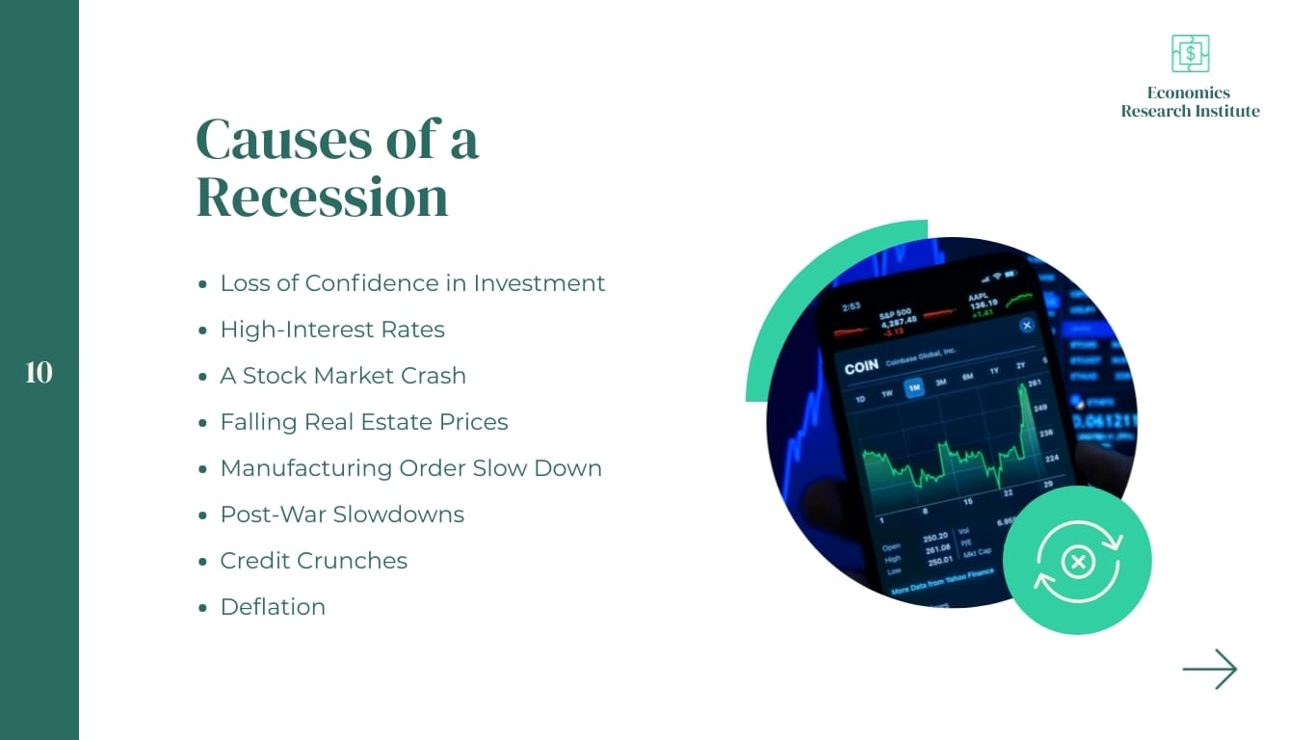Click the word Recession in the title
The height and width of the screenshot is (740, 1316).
click(x=323, y=197)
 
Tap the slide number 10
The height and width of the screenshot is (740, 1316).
click(x=39, y=373)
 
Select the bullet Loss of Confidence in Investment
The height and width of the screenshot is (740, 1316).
click(x=412, y=283)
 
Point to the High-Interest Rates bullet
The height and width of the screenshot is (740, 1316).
click(x=332, y=330)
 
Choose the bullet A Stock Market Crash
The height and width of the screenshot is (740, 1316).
click(x=343, y=376)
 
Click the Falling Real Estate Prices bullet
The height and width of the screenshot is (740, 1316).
click(x=364, y=422)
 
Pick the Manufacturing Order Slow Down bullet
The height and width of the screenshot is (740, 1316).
click(x=411, y=468)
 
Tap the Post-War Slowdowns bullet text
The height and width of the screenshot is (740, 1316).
click(x=342, y=515)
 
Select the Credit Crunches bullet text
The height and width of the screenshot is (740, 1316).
click(x=314, y=561)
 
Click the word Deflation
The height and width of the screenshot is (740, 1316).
click(x=273, y=607)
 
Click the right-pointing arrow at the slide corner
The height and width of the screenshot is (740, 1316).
click(x=1210, y=669)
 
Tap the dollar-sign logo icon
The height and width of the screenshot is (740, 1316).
click(x=1190, y=54)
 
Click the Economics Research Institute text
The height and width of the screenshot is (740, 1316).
click(x=1190, y=102)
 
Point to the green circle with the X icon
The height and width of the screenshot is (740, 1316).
click(x=1077, y=561)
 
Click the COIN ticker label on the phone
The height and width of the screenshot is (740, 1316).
click(x=860, y=368)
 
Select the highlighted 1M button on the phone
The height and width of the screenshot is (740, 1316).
click(x=913, y=387)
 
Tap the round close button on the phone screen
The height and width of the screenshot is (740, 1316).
click(x=1027, y=326)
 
